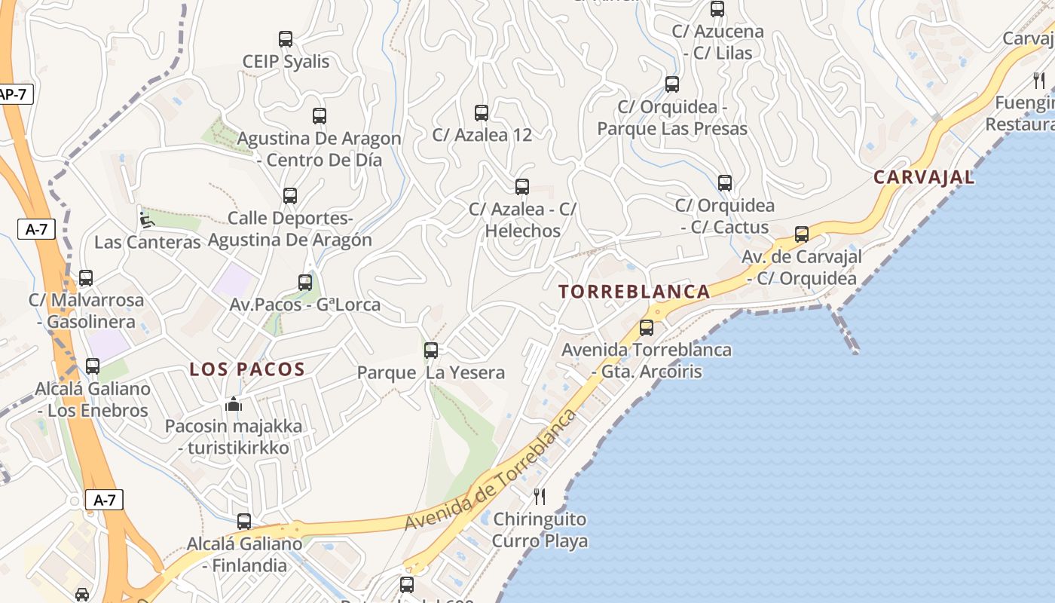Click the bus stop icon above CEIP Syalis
[x=286, y=38]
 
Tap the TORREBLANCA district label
[x=635, y=292]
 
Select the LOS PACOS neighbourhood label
[x=247, y=369]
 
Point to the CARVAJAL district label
[x=924, y=178]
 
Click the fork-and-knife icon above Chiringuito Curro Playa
[x=540, y=496]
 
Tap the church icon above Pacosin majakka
[x=234, y=404]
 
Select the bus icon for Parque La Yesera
[x=431, y=350]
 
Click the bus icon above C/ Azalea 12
[x=482, y=113]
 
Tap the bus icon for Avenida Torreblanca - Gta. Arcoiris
[x=647, y=328]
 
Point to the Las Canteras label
[x=148, y=242]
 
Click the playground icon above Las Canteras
[x=147, y=220]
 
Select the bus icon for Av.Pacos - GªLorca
[x=305, y=283]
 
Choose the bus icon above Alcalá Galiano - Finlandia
[x=244, y=521]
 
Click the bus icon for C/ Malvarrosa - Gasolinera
[x=86, y=278]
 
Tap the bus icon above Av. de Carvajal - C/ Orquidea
[x=802, y=234]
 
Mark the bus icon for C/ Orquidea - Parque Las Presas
[x=672, y=84]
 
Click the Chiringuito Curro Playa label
[x=540, y=530]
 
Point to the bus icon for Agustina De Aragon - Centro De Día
[x=320, y=116]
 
